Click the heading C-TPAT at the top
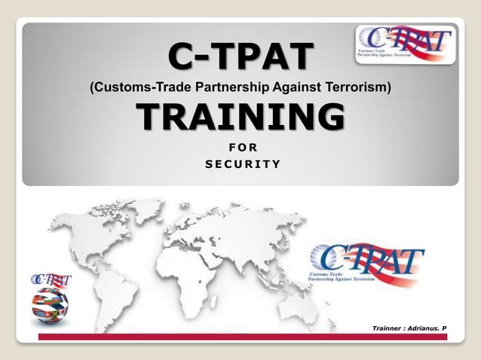(240, 55)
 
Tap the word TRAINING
(240, 117)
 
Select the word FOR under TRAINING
(240, 148)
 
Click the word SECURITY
(240, 163)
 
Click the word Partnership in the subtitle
(231, 88)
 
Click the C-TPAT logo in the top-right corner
(405, 44)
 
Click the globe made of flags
(50, 304)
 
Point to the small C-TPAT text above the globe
(51, 281)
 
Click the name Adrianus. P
(427, 329)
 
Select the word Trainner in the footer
(388, 329)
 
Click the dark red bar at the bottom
(241, 337)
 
